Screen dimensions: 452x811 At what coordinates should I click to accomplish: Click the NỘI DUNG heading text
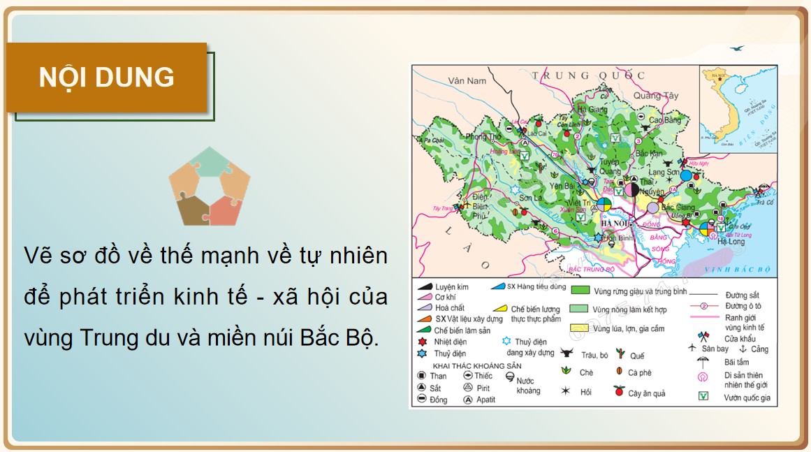point(106,78)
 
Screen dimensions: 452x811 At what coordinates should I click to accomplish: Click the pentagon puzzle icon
point(209,187)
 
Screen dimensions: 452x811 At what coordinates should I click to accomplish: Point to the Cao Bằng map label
point(664,120)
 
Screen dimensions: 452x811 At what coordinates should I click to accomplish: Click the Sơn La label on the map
point(529,198)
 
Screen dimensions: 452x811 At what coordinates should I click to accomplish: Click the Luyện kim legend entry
point(451,287)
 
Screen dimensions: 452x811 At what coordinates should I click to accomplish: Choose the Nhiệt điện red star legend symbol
point(422,342)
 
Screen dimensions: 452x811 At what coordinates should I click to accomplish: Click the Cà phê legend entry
point(639,373)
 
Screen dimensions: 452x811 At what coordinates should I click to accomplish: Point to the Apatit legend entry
point(485,400)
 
